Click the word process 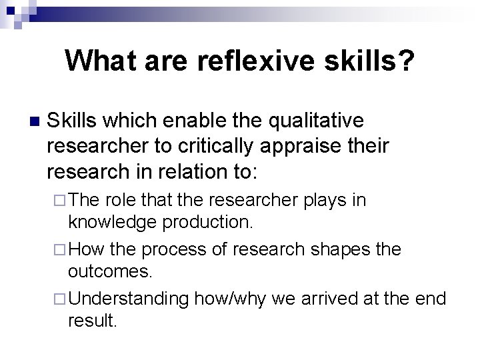click(x=175, y=249)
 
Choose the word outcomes click(x=110, y=271)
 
